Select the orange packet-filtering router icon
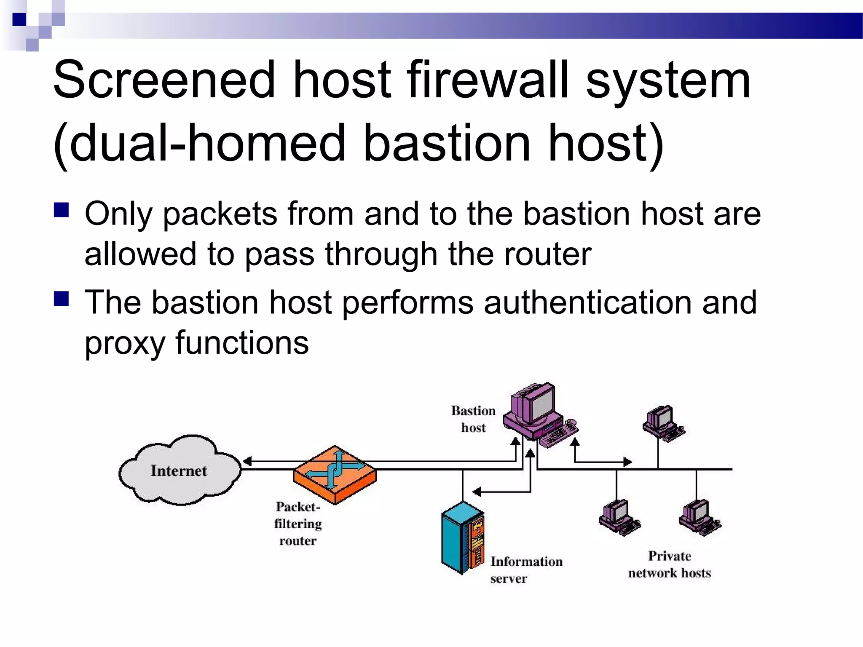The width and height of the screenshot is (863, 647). [335, 474]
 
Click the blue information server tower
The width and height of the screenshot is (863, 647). [462, 537]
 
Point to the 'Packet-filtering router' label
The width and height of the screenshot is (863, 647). [298, 524]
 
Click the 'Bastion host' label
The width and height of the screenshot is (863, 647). [473, 419]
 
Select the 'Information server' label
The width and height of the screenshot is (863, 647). [526, 569]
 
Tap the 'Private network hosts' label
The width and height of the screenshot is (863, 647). [669, 564]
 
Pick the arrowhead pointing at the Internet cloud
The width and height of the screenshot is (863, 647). [247, 461]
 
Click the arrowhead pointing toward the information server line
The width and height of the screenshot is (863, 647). [477, 492]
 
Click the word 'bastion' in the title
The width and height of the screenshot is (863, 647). [446, 143]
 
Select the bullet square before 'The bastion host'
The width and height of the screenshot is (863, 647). [62, 299]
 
